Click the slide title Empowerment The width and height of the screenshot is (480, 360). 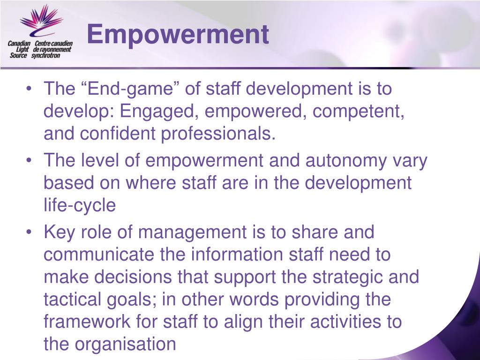click(178, 35)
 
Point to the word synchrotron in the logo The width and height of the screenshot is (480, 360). click(45, 55)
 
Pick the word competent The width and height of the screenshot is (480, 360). click(358, 112)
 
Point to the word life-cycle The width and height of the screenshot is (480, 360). click(80, 205)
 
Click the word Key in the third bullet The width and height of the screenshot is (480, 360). click(59, 232)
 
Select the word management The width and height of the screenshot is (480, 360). click(192, 233)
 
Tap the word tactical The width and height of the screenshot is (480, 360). click(72, 299)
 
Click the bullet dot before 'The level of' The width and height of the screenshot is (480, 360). click(29, 160)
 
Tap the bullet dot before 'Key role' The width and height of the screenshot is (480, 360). click(29, 232)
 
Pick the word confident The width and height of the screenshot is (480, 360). click(118, 134)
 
